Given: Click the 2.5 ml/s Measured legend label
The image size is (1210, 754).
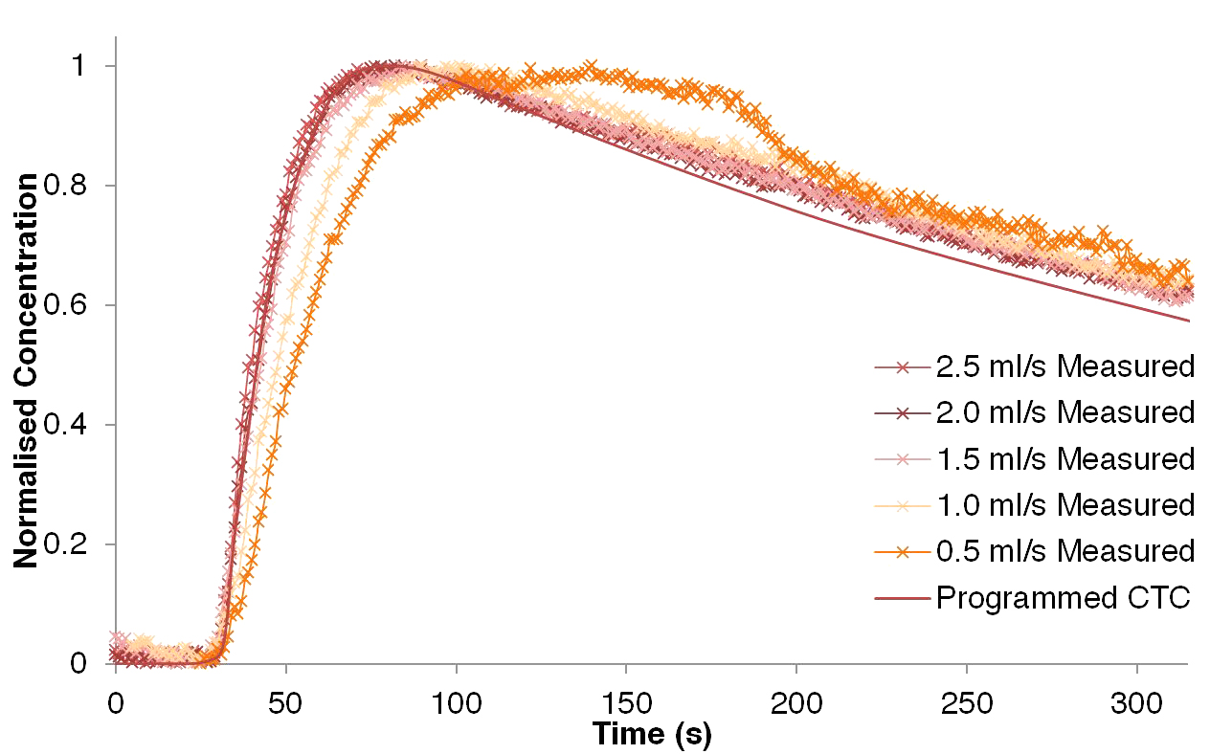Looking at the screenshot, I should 1065,366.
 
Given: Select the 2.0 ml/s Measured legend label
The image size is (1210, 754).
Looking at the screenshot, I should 1065,412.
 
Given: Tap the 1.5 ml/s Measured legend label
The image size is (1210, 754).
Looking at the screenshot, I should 1065,459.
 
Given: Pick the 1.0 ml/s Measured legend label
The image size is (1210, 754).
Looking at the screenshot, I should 1065,505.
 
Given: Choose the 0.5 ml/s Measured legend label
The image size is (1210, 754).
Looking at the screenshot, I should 1065,551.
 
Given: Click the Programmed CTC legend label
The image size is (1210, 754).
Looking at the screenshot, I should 1063,598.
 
